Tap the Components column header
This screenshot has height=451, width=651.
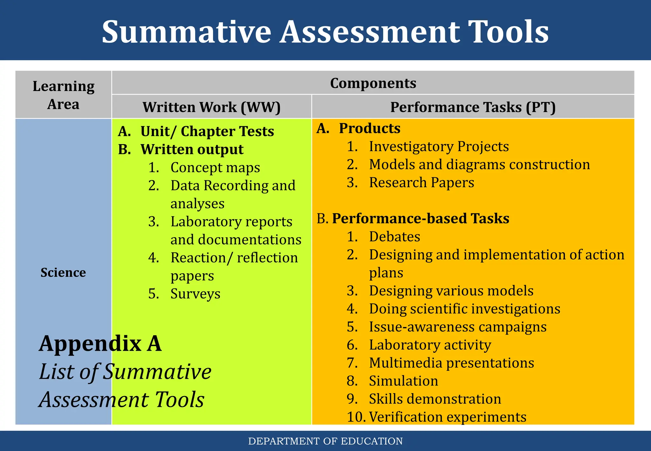coord(373,83)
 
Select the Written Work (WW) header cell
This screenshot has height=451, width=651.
coord(211,107)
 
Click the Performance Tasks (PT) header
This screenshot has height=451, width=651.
coord(473,107)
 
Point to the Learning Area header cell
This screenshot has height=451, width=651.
coord(63,95)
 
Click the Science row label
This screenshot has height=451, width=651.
coord(63,273)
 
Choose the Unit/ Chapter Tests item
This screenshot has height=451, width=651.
coord(207,131)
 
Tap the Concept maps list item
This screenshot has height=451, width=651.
coord(215,168)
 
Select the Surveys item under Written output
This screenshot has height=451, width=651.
coord(195,294)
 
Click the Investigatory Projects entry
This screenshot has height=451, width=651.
coord(439,147)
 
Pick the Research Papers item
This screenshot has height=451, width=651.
coord(421,183)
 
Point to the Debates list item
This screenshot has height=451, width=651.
coord(394,237)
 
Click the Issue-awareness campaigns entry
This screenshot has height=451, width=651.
coord(457,327)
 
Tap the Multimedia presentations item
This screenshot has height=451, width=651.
coord(451,363)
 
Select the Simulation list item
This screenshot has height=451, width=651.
coord(403,381)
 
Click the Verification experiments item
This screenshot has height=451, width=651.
coord(448,417)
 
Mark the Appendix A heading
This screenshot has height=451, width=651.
coord(100,344)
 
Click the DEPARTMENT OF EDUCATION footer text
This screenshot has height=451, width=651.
coord(325,441)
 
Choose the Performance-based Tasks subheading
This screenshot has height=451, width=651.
coord(420,219)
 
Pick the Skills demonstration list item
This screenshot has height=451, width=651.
coord(435,399)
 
